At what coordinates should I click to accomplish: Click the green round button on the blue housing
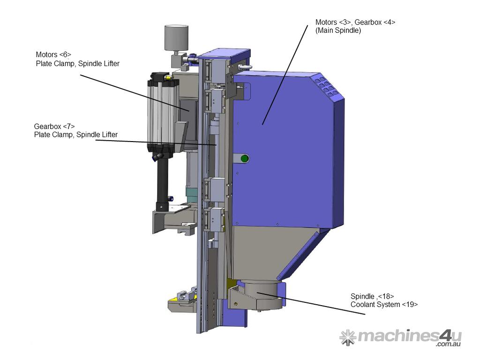click(244, 158)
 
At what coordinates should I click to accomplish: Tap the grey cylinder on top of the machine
click(176, 38)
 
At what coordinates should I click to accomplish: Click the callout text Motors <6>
click(53, 54)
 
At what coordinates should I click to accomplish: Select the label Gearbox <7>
click(54, 126)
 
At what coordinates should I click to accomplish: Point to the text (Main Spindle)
click(338, 30)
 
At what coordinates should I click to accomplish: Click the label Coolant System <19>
click(384, 305)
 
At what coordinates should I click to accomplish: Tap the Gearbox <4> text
click(375, 22)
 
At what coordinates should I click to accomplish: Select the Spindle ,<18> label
click(372, 296)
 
